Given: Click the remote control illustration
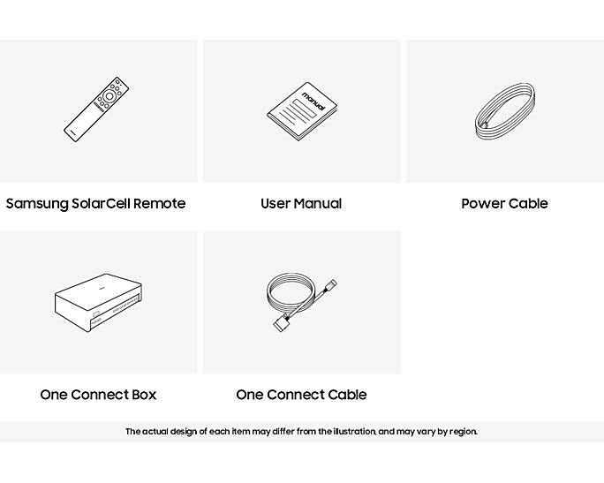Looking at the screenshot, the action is pos(96,109).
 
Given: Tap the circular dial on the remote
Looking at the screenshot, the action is pos(109,96).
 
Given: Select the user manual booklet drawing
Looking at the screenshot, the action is pos(302,111).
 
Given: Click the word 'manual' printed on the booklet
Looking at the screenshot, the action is pos(313,102).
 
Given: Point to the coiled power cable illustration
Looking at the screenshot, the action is pos(504,111).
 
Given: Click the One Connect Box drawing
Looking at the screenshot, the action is pos(98,303).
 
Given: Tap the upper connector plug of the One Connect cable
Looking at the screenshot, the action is pos(330,285).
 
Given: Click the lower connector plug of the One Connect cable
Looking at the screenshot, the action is pos(281,323).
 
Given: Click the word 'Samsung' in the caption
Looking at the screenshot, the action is pos(37,204).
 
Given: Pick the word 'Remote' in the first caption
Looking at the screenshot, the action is pos(160,203).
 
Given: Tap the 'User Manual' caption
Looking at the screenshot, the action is pos(301,203).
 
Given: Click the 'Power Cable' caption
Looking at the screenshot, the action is pos(504,203).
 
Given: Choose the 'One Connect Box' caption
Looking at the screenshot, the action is pos(98,395).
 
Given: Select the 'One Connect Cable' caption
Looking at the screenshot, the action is pos(301,395).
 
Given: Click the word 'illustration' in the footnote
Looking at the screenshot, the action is pos(354,432).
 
